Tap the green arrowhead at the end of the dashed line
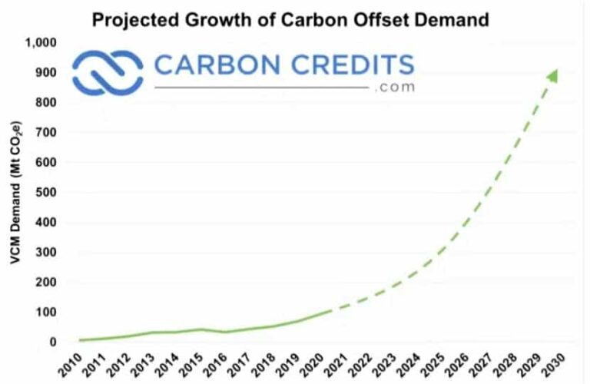coord(552,74)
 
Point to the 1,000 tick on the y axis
coord(42,43)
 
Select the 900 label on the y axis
coord(47,73)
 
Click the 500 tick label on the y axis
coord(47,193)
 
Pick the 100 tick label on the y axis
coord(47,313)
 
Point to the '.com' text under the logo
coord(395,88)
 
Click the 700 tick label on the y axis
coord(47,133)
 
